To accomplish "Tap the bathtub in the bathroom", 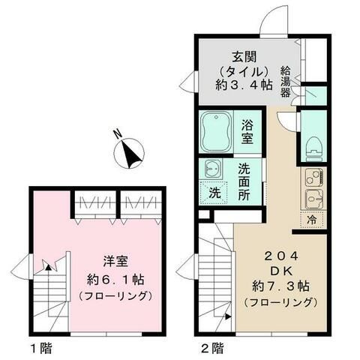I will click(217, 130).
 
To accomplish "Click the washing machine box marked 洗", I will click(214, 191).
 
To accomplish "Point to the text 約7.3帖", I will click(275, 286).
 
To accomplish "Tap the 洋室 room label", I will click(116, 263).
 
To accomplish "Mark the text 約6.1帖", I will click(116, 279).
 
